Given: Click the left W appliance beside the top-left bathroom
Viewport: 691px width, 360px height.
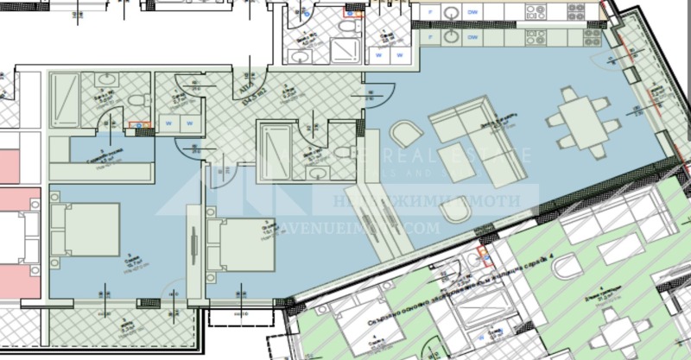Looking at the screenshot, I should point(168,123).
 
